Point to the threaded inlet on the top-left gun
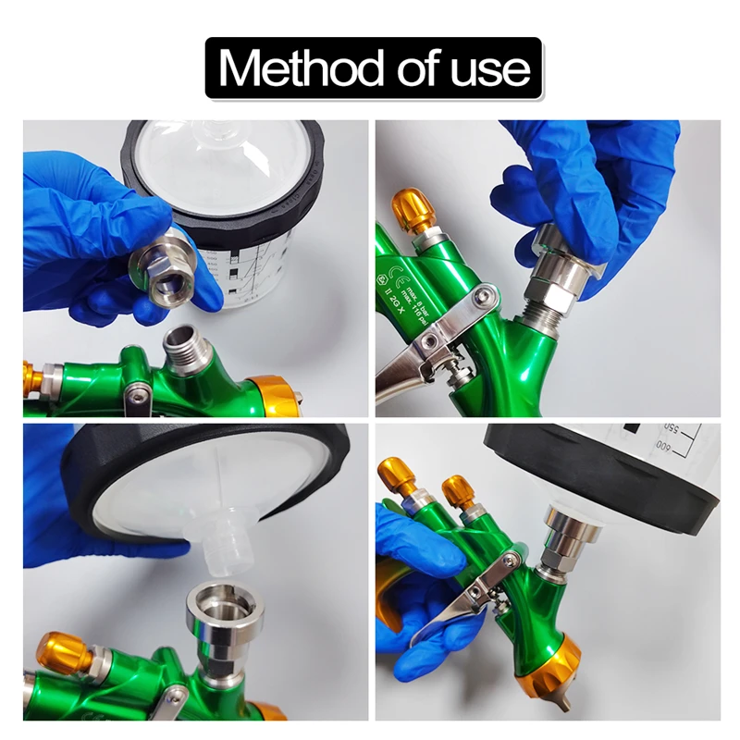(189, 348)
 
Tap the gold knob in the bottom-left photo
(65, 653)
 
